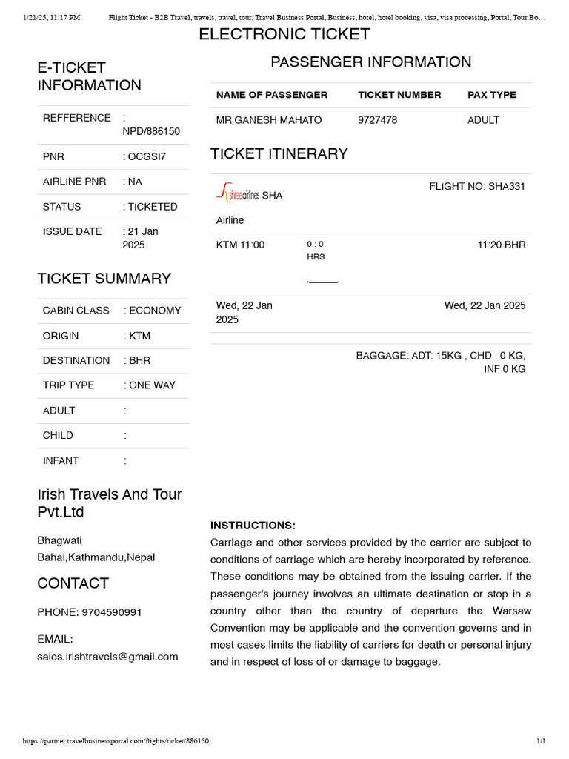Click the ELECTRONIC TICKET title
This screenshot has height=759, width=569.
tap(284, 34)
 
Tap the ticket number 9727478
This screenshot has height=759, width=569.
tap(377, 120)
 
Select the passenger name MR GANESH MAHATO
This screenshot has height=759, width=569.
tap(269, 120)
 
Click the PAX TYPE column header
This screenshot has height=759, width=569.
tap(492, 95)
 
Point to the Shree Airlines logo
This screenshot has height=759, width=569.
tap(238, 194)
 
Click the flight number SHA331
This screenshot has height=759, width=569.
tap(477, 186)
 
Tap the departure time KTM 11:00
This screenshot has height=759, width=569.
tap(240, 245)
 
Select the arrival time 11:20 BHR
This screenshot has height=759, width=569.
tap(502, 245)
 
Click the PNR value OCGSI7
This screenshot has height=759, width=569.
tap(147, 157)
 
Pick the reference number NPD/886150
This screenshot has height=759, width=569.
tap(151, 131)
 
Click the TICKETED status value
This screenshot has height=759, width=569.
tap(153, 207)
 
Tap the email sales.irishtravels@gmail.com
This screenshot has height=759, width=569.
tap(108, 657)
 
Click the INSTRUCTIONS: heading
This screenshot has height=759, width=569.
tap(253, 526)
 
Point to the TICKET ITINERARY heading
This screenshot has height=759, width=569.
tap(279, 153)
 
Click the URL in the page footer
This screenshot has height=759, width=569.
tap(116, 741)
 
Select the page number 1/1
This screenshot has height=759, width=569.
tap(541, 741)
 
